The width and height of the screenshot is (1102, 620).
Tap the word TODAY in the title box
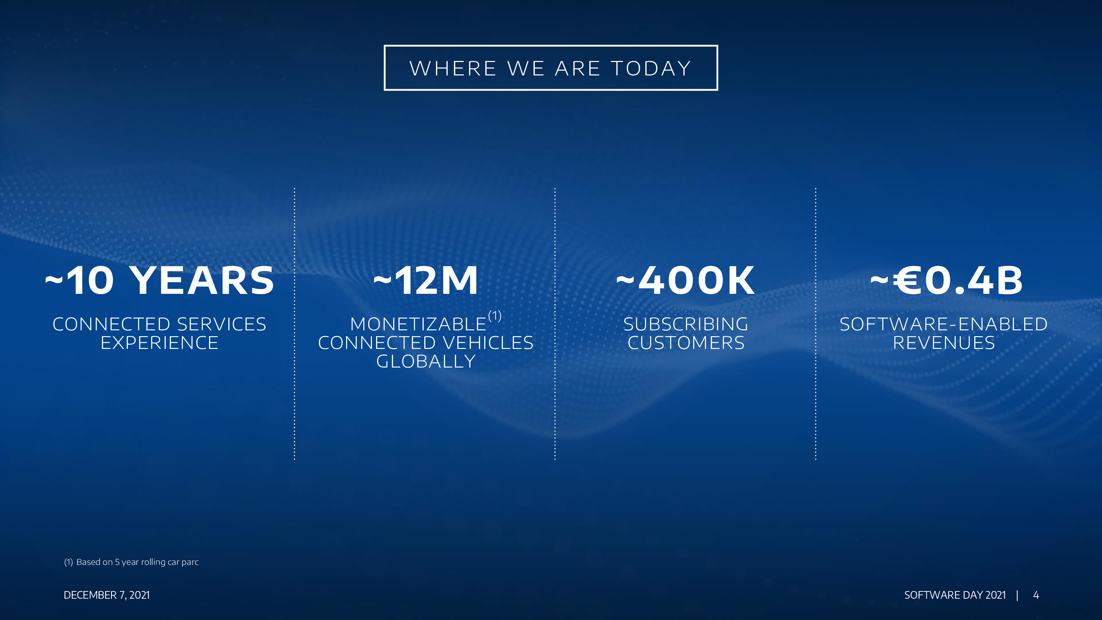point(651,69)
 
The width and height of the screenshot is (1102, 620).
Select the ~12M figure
point(426,281)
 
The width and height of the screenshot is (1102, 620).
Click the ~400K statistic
point(685,281)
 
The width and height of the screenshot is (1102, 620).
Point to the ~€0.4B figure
point(946,281)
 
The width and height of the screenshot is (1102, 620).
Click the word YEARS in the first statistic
point(201,281)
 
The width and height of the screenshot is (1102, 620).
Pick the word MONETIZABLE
point(418,324)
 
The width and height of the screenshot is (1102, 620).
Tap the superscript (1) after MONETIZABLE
point(495,316)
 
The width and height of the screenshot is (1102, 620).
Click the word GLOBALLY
point(426,362)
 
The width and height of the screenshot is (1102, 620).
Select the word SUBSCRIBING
point(686,324)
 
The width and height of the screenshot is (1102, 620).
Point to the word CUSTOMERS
point(686,343)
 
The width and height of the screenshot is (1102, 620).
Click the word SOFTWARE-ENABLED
point(944,324)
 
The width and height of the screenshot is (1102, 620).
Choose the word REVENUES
point(944,343)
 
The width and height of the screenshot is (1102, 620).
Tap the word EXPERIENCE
point(159,343)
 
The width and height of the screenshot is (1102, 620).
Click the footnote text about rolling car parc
point(131,562)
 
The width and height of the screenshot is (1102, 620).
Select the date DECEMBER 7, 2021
point(106,595)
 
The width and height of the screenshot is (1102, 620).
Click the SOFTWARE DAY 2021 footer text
point(955,595)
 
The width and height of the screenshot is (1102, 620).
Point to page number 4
point(1036,595)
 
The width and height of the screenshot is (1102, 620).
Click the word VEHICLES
point(488,343)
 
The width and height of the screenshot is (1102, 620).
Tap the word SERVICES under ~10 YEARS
point(221,324)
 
